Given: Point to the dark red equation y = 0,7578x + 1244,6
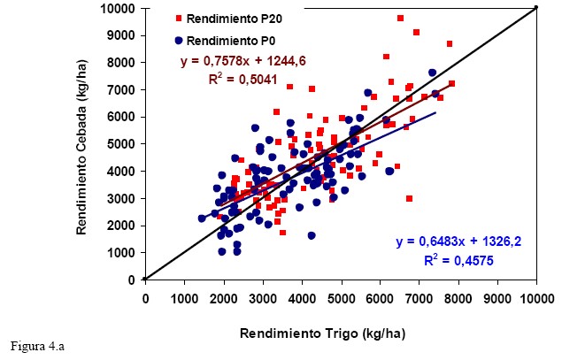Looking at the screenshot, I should (243, 62).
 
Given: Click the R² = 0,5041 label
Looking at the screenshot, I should (242, 79).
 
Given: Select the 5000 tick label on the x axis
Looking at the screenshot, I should (341, 298).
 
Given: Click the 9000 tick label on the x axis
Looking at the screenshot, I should (497, 298).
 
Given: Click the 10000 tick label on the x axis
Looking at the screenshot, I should (536, 298).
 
